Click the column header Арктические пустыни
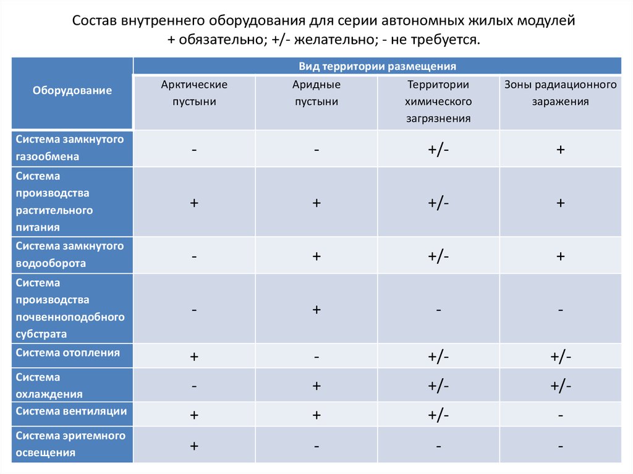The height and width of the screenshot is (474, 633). pyautogui.click(x=194, y=93)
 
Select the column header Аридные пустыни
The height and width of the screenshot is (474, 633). pyautogui.click(x=316, y=93)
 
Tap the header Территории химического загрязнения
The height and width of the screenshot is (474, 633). pyautogui.click(x=438, y=101)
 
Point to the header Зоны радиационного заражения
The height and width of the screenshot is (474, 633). pyautogui.click(x=560, y=93)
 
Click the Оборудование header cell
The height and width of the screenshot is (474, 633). pyautogui.click(x=72, y=91)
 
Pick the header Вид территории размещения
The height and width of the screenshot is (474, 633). pyautogui.click(x=377, y=66)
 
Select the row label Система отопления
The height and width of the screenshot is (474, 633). pyautogui.click(x=68, y=353)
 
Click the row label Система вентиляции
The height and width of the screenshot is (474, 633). pyautogui.click(x=72, y=411)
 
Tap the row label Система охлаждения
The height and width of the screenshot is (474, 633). pyautogui.click(x=49, y=385)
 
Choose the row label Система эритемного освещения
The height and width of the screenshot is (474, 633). pyautogui.click(x=70, y=444)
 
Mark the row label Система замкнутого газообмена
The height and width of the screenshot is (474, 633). pyautogui.click(x=70, y=148)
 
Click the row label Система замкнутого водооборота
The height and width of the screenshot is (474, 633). pyautogui.click(x=70, y=255)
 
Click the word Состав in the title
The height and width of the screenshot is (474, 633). pyautogui.click(x=93, y=21)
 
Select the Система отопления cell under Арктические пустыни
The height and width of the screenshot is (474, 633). pyautogui.click(x=194, y=357)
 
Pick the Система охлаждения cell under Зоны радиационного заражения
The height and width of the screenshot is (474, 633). pyautogui.click(x=560, y=385)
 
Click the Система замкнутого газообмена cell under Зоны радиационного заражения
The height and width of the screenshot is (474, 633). pyautogui.click(x=560, y=150)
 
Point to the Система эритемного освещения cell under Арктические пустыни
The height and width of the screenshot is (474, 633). pyautogui.click(x=194, y=445)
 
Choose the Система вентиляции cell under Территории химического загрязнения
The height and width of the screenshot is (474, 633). pyautogui.click(x=438, y=415)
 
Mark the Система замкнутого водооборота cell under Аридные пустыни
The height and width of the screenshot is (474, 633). pyautogui.click(x=316, y=256)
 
